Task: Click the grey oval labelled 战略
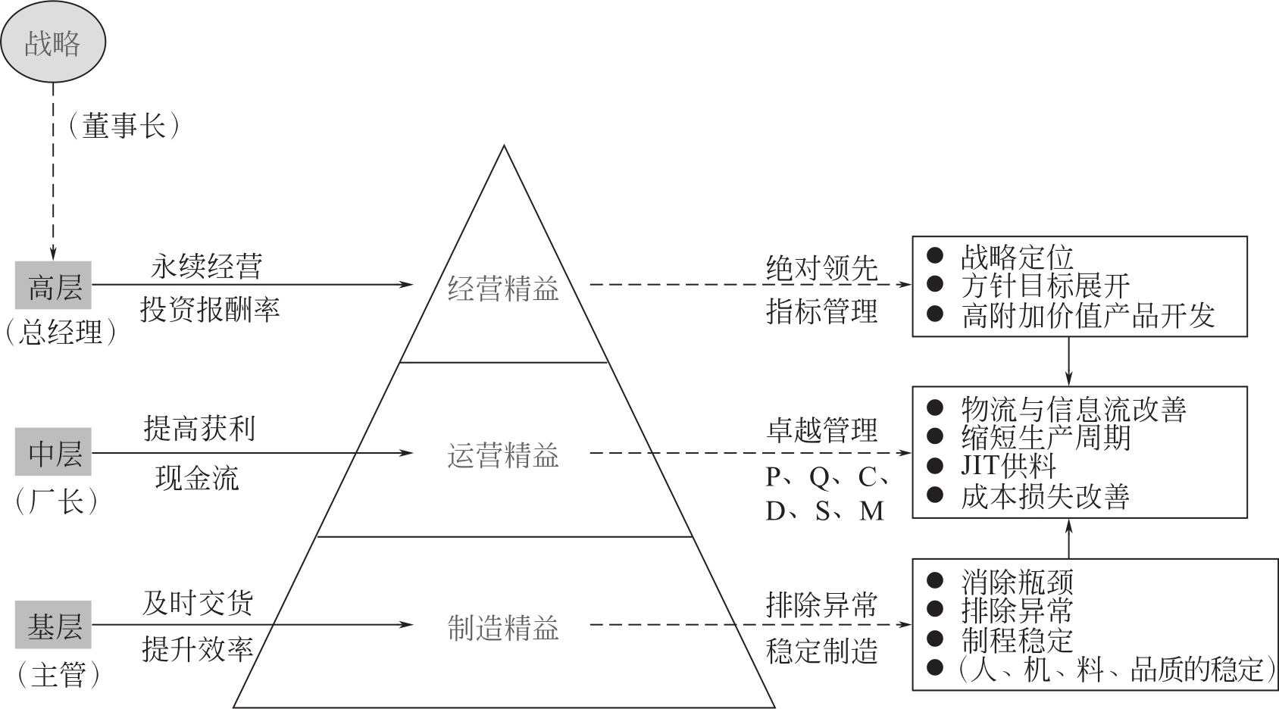coord(52,42)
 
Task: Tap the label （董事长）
coord(124,125)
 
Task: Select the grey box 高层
coord(54,286)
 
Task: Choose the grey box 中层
coord(54,453)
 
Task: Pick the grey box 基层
coord(54,626)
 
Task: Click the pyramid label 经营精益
coord(503,288)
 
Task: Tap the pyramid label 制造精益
coord(503,627)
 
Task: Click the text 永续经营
coord(207,266)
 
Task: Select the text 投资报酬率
coord(210,308)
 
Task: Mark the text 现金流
coord(197,478)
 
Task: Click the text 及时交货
coord(198,603)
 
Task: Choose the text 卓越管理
coord(821,429)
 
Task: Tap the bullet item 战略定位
coord(1017,257)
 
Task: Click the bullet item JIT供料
coord(1008,465)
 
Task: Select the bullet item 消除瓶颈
coord(1017,582)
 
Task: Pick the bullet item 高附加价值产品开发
coord(1088,315)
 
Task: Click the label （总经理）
coord(61,331)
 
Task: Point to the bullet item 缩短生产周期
coord(1046,437)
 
